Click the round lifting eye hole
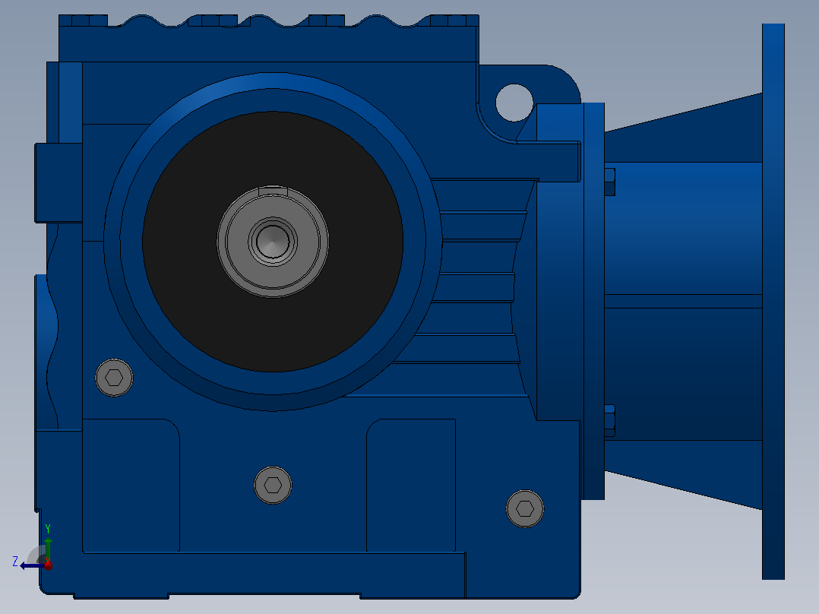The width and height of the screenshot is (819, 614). click(514, 103)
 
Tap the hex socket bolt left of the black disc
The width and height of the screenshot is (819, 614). click(114, 377)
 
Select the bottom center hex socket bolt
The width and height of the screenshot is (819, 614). click(273, 485)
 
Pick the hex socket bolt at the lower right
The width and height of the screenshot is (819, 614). click(525, 508)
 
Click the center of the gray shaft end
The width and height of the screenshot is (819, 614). click(273, 242)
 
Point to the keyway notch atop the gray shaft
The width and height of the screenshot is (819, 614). click(273, 190)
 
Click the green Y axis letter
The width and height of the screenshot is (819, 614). click(48, 528)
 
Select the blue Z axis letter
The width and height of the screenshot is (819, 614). click(15, 562)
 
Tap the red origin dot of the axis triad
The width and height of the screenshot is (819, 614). click(48, 565)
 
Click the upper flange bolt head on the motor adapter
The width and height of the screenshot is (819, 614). click(609, 182)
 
